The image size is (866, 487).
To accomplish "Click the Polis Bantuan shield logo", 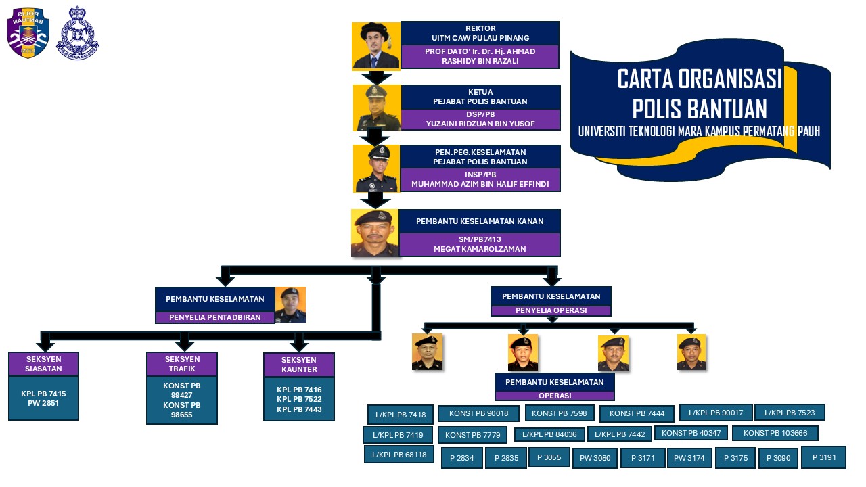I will [x=28, y=34].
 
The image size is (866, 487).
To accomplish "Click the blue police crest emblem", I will [x=77, y=34].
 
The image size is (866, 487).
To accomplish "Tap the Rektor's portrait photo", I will [x=375, y=45].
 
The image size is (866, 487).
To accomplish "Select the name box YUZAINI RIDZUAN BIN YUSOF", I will [x=480, y=119].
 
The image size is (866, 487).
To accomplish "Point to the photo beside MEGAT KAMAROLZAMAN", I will [x=375, y=233].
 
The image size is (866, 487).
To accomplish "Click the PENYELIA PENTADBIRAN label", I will [x=214, y=317].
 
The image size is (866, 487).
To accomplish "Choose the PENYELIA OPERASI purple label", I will [x=551, y=310].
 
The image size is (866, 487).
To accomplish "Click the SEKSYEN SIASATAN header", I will [x=44, y=364].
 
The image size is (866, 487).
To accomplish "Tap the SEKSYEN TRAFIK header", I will [x=182, y=364].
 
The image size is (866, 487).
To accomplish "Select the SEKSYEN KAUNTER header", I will [x=299, y=365].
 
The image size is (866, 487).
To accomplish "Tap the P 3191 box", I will [x=823, y=457].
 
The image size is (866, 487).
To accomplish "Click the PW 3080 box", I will [x=595, y=458].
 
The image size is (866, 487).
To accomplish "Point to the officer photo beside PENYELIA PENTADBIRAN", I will [x=290, y=305].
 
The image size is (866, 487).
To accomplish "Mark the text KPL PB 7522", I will [x=299, y=399].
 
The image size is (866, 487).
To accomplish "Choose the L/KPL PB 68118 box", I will [x=398, y=455].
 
